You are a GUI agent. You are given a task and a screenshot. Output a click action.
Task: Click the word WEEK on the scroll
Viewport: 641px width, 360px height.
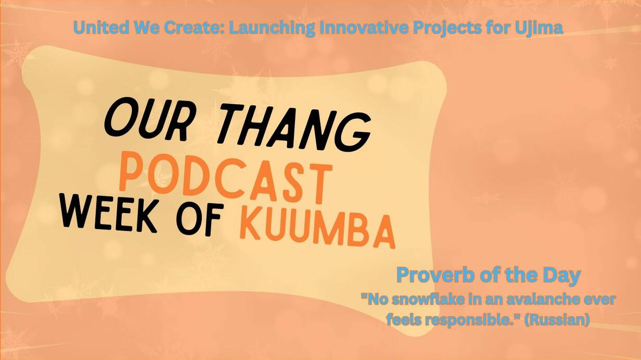click(x=108, y=213)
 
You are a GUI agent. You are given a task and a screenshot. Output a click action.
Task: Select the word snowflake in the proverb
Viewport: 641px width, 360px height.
click(x=425, y=300)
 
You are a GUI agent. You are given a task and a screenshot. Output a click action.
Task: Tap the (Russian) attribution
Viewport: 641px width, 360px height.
click(x=557, y=320)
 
